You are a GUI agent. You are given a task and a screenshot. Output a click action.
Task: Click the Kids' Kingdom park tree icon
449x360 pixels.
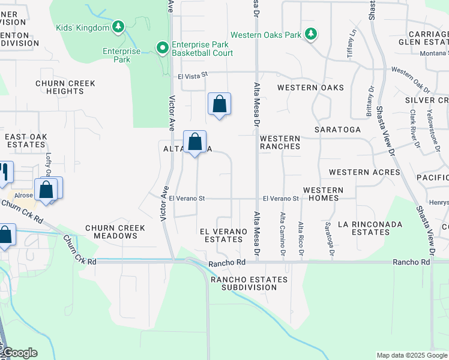[119, 27]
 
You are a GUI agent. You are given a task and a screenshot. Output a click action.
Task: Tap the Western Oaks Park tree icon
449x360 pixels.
[310, 35]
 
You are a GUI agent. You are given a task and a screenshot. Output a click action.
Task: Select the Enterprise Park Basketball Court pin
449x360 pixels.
[161, 48]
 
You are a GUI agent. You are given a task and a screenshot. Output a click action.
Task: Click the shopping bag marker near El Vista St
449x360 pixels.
[219, 104]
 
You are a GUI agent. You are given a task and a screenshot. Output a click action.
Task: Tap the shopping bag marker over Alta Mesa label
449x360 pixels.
[194, 142]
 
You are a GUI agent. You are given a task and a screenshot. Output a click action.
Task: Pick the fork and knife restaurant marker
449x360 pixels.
[5, 172]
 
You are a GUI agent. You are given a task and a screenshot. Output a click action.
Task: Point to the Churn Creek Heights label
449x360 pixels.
[59, 87]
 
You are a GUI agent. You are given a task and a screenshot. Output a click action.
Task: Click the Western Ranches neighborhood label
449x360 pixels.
[280, 142]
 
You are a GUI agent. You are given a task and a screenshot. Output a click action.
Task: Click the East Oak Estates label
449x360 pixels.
[26, 140]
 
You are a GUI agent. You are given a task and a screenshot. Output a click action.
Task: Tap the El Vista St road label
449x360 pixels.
[192, 75]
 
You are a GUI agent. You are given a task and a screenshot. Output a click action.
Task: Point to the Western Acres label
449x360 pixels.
[364, 172]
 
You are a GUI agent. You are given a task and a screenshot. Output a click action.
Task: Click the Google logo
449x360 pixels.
[19, 353]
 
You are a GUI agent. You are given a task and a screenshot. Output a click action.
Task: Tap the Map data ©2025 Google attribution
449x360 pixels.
[412, 355]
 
